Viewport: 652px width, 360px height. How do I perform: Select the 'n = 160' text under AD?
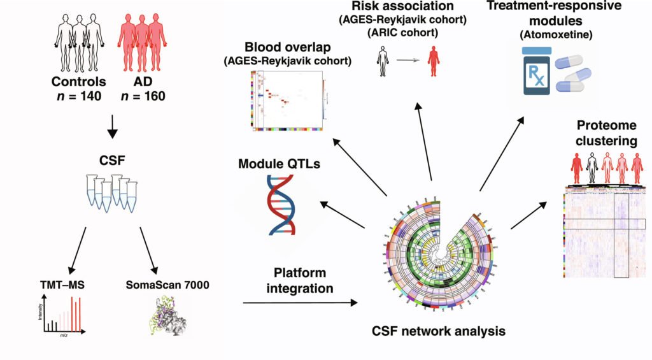coord(143,97)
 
